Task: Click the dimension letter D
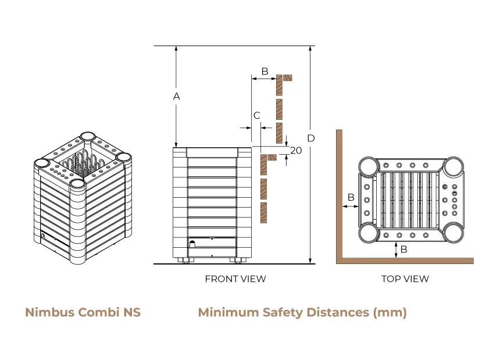pyautogui.click(x=311, y=138)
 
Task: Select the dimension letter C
pyautogui.click(x=256, y=116)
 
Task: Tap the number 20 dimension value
pyautogui.click(x=296, y=151)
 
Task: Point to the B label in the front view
pyautogui.click(x=265, y=72)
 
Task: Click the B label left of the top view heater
pyautogui.click(x=351, y=198)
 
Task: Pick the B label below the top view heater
pyautogui.click(x=403, y=249)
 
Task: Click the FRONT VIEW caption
pyautogui.click(x=235, y=279)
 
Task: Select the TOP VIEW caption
pyautogui.click(x=405, y=279)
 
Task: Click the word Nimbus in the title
pyautogui.click(x=50, y=312)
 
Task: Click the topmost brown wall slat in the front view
pyautogui.click(x=280, y=85)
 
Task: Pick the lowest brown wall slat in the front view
pyautogui.click(x=263, y=213)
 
